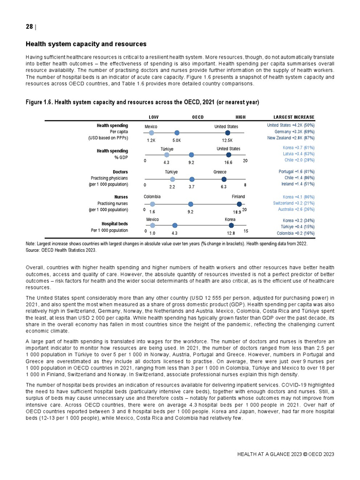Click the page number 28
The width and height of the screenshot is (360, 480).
click(x=29, y=27)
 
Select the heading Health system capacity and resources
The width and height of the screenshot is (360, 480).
click(x=86, y=44)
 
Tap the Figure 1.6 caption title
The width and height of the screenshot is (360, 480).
click(x=142, y=102)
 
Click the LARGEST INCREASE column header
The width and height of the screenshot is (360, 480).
click(x=294, y=117)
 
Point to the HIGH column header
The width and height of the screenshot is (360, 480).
click(x=241, y=117)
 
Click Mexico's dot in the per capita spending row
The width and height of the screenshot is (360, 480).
click(x=151, y=133)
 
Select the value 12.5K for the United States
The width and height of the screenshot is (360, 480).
click(x=227, y=140)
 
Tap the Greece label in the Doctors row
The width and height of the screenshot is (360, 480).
click(x=220, y=172)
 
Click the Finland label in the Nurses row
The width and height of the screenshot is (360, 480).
click(x=238, y=197)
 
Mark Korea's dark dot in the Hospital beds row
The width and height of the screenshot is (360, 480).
click(x=231, y=225)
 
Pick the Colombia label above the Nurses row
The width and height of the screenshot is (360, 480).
click(x=152, y=197)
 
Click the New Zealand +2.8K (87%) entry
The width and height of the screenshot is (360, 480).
click(x=291, y=138)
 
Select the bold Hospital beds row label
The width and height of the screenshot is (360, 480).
click(x=115, y=224)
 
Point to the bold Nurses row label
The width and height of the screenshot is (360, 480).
click(x=121, y=197)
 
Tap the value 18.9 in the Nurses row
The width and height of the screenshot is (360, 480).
click(x=237, y=212)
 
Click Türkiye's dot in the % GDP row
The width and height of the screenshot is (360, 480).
click(x=167, y=155)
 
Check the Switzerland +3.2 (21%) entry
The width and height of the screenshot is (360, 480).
click(x=294, y=203)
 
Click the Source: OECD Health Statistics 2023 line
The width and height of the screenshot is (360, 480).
click(x=61, y=250)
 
